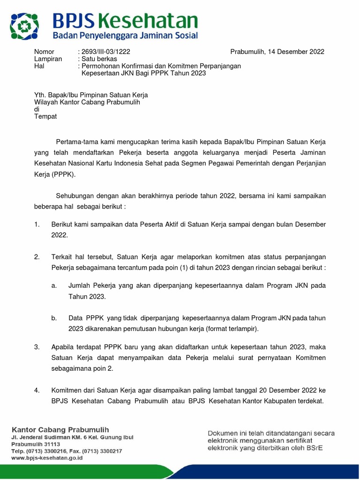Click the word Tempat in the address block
(x=45, y=116)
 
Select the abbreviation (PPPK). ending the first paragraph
(x=64, y=174)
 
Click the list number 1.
(x=37, y=225)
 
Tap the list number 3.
(x=37, y=347)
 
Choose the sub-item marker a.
(x=54, y=285)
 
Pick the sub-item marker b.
(x=54, y=318)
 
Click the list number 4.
(x=37, y=390)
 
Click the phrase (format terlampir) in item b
(x=232, y=329)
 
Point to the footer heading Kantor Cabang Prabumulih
(x=60, y=429)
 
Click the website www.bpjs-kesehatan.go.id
(x=47, y=458)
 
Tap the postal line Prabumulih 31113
(x=36, y=444)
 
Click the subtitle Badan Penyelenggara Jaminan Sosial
(x=125, y=36)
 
